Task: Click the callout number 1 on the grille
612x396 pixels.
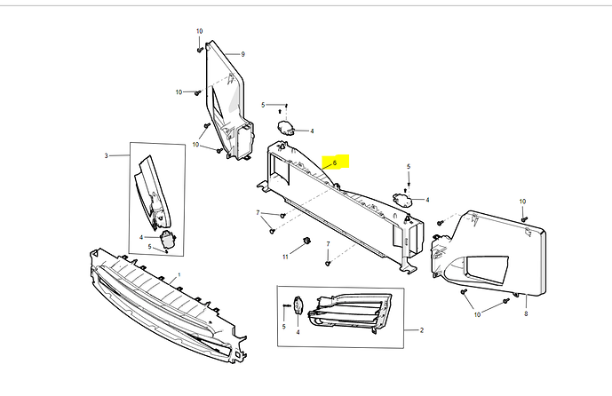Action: pyautogui.click(x=179, y=274)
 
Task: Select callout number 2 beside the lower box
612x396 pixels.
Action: pyautogui.click(x=422, y=330)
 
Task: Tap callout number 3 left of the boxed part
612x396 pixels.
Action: pyautogui.click(x=107, y=155)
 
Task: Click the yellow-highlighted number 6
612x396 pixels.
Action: pyautogui.click(x=335, y=163)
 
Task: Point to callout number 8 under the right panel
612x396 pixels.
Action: pyautogui.click(x=526, y=313)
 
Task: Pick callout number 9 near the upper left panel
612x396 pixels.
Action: pyautogui.click(x=242, y=54)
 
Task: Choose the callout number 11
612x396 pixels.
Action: pyautogui.click(x=285, y=257)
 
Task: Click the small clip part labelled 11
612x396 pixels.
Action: pyautogui.click(x=306, y=241)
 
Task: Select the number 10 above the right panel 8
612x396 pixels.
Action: pyautogui.click(x=522, y=202)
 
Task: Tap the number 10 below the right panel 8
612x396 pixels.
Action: pyautogui.click(x=477, y=314)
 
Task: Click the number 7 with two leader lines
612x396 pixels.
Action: pyautogui.click(x=258, y=212)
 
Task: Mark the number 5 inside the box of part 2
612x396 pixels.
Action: pyautogui.click(x=283, y=327)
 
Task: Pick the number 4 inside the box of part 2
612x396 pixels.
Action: pyautogui.click(x=298, y=332)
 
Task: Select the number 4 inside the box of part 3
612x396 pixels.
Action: pyautogui.click(x=141, y=237)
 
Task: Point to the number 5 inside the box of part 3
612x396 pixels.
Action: pyautogui.click(x=149, y=247)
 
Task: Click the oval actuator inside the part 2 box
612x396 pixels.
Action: pyautogui.click(x=298, y=305)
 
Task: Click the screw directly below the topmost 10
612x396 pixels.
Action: pyautogui.click(x=200, y=50)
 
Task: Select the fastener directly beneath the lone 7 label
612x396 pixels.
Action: pyautogui.click(x=328, y=264)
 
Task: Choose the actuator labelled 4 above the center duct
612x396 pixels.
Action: pyautogui.click(x=286, y=128)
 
